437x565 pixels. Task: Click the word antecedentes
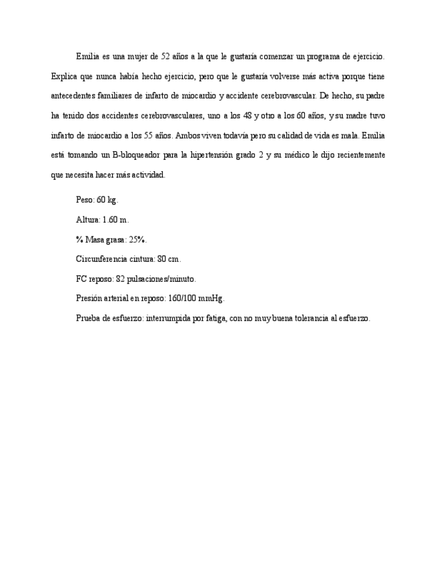71,96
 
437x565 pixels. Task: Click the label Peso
85,199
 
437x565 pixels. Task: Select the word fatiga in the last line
213,318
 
